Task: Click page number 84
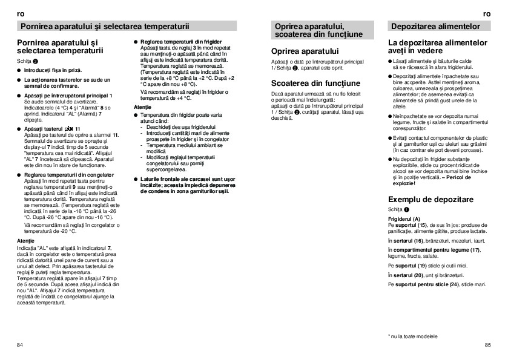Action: click(20, 344)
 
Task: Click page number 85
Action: click(487, 344)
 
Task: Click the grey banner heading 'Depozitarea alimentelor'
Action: click(435, 27)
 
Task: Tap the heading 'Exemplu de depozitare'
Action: click(430, 199)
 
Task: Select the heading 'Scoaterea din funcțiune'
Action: click(315, 83)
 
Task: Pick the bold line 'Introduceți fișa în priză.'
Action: click(53, 71)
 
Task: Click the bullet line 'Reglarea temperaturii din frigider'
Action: click(179, 41)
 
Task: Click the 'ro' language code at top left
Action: click(21, 13)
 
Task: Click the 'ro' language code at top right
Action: click(487, 13)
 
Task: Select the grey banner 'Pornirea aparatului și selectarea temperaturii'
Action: click(105, 27)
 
